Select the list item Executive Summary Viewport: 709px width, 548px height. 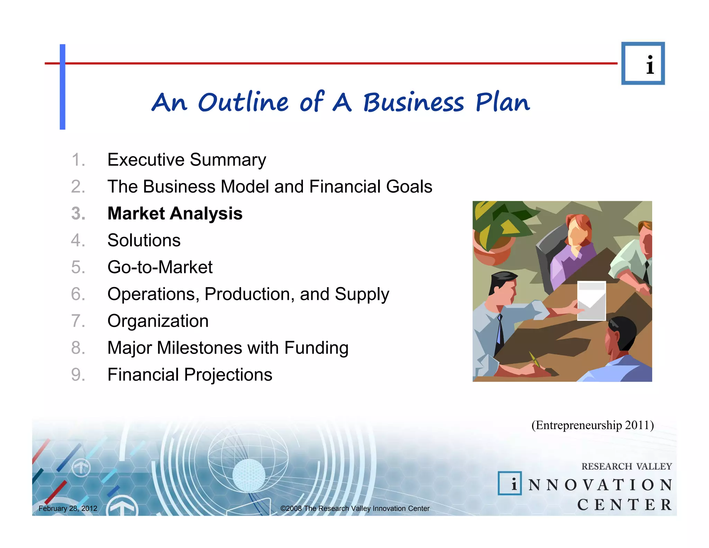coord(187,160)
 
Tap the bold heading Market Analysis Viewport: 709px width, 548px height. coord(175,213)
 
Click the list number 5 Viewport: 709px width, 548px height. coord(78,267)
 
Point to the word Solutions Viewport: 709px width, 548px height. coord(144,240)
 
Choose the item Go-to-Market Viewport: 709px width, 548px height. coord(160,267)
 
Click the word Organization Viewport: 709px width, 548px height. coord(158,321)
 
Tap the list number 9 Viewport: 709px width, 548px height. coord(78,375)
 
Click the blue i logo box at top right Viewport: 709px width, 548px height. coord(643,63)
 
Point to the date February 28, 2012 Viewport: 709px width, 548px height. coord(68,508)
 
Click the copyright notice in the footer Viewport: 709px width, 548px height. coord(355,508)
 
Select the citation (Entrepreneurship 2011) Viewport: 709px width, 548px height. coord(592,425)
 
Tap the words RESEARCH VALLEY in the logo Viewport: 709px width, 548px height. coord(627,466)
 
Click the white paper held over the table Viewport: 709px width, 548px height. coord(591,301)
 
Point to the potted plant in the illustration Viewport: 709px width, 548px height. coord(493,232)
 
